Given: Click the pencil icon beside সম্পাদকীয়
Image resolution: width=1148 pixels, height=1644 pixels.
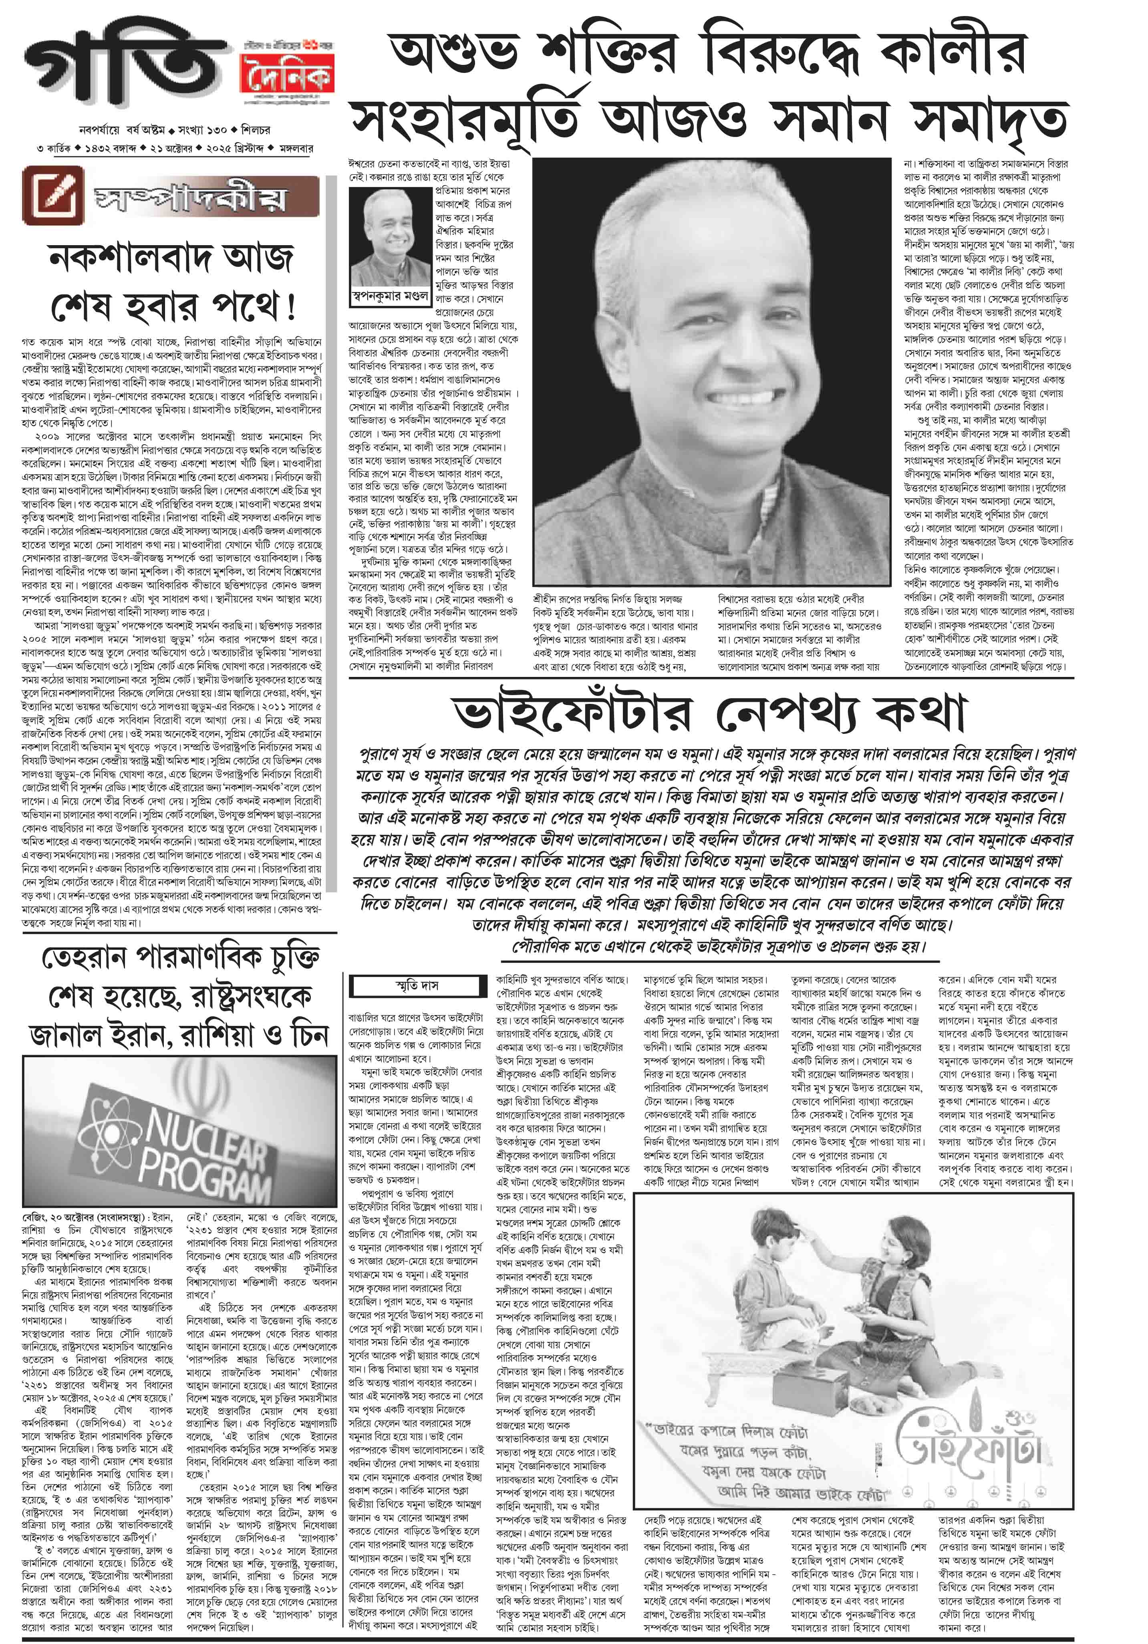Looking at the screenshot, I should [x=53, y=194].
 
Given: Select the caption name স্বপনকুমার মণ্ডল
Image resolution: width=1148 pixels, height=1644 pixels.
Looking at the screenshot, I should [x=390, y=295].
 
